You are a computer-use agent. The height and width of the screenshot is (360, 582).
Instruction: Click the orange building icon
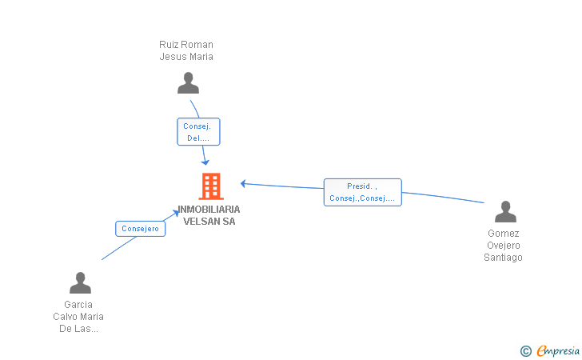click(211, 186)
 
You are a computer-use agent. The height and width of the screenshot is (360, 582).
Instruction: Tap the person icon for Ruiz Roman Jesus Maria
click(188, 83)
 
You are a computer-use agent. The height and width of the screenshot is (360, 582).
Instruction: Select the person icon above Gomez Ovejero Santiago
click(505, 212)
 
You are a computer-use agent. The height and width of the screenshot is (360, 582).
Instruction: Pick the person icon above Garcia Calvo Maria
click(80, 283)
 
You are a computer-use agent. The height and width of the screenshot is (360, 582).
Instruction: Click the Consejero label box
click(141, 229)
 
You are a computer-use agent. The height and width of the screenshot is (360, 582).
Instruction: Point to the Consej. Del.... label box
click(197, 132)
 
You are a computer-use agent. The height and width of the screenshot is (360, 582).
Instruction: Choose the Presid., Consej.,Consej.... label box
click(362, 192)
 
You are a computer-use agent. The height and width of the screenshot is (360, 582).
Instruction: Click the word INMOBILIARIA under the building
click(209, 209)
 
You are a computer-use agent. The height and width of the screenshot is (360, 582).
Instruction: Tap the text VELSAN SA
click(209, 221)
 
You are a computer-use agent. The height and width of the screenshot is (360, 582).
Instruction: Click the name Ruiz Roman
click(186, 45)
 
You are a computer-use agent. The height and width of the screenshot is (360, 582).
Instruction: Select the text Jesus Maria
click(186, 57)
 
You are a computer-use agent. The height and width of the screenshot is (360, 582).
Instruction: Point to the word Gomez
click(504, 234)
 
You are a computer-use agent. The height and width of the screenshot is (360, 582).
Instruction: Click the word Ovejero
click(504, 246)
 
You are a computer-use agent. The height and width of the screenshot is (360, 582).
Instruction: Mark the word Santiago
click(504, 258)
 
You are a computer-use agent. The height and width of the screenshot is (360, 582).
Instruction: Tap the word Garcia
click(78, 305)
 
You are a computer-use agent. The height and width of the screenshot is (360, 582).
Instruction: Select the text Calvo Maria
click(78, 317)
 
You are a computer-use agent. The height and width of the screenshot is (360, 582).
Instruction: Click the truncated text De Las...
click(78, 329)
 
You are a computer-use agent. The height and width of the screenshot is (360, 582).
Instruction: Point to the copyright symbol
click(526, 350)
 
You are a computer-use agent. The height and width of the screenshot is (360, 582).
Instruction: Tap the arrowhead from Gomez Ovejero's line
click(243, 184)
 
